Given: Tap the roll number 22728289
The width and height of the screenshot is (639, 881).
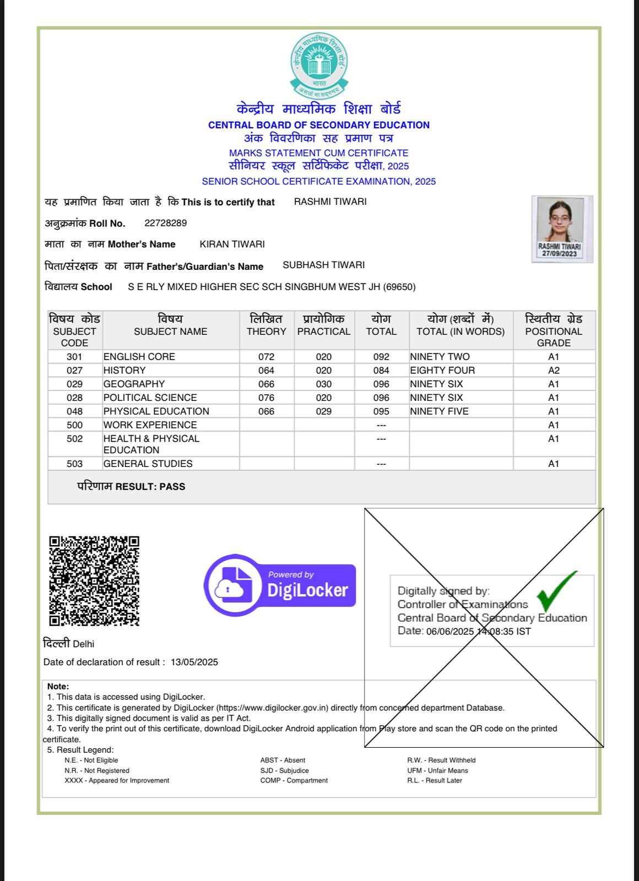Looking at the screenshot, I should pyautogui.click(x=165, y=223).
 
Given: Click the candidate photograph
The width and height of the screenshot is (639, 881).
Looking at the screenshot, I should pyautogui.click(x=562, y=229).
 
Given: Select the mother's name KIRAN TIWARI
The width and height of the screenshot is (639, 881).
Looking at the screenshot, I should pyautogui.click(x=232, y=244).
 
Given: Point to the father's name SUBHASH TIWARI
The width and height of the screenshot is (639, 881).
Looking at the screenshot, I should pyautogui.click(x=323, y=265).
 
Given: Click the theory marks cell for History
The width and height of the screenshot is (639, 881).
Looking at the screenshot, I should pyautogui.click(x=266, y=371).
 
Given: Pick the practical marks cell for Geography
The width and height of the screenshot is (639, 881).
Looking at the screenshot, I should pyautogui.click(x=323, y=384).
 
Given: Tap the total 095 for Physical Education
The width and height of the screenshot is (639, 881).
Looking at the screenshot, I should pyautogui.click(x=381, y=411).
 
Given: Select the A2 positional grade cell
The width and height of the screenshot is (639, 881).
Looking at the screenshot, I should pyautogui.click(x=554, y=371).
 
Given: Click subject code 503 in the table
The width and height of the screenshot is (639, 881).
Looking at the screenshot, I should pyautogui.click(x=74, y=464).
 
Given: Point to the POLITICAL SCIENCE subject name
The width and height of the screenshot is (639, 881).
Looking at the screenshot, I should pyautogui.click(x=150, y=398).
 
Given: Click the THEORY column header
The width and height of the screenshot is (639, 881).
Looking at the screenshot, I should pyautogui.click(x=266, y=331).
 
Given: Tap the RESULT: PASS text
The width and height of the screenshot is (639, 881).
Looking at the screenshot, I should pyautogui.click(x=150, y=487).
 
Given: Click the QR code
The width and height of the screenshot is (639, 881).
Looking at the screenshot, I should pyautogui.click(x=94, y=581).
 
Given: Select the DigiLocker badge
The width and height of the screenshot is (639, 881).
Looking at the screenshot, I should pyautogui.click(x=280, y=586).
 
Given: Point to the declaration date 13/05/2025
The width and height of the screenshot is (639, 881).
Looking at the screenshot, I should pyautogui.click(x=194, y=662).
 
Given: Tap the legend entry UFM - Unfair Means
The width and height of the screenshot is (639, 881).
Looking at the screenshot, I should pyautogui.click(x=437, y=770).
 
